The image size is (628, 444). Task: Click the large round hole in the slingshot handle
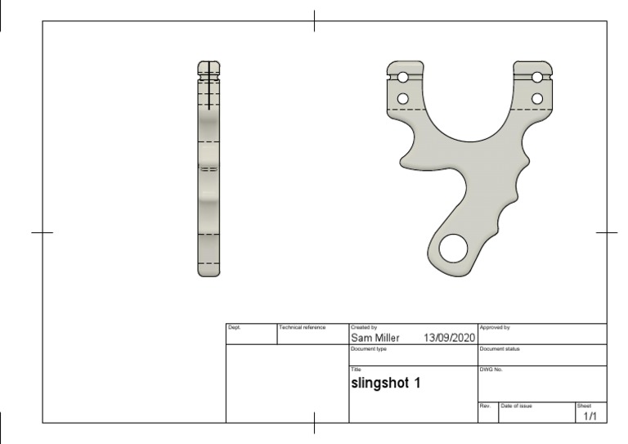451,249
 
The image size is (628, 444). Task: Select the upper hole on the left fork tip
402,78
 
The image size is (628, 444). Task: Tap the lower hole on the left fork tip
402,99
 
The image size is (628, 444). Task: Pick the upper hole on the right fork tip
536,78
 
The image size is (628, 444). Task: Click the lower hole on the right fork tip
536,99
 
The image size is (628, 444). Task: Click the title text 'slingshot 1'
386,382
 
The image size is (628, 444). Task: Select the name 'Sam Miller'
375,337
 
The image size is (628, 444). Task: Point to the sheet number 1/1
590,416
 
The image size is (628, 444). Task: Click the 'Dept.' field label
234,327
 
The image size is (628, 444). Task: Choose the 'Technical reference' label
302,327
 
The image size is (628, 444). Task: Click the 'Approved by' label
495,327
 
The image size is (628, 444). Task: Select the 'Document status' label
500,348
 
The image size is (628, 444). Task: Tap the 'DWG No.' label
491,370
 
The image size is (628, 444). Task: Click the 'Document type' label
369,348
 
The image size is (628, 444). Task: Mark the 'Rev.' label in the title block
484,406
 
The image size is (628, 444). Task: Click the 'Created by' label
364,327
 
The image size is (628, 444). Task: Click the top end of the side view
209,64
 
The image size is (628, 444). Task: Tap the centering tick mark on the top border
315,21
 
